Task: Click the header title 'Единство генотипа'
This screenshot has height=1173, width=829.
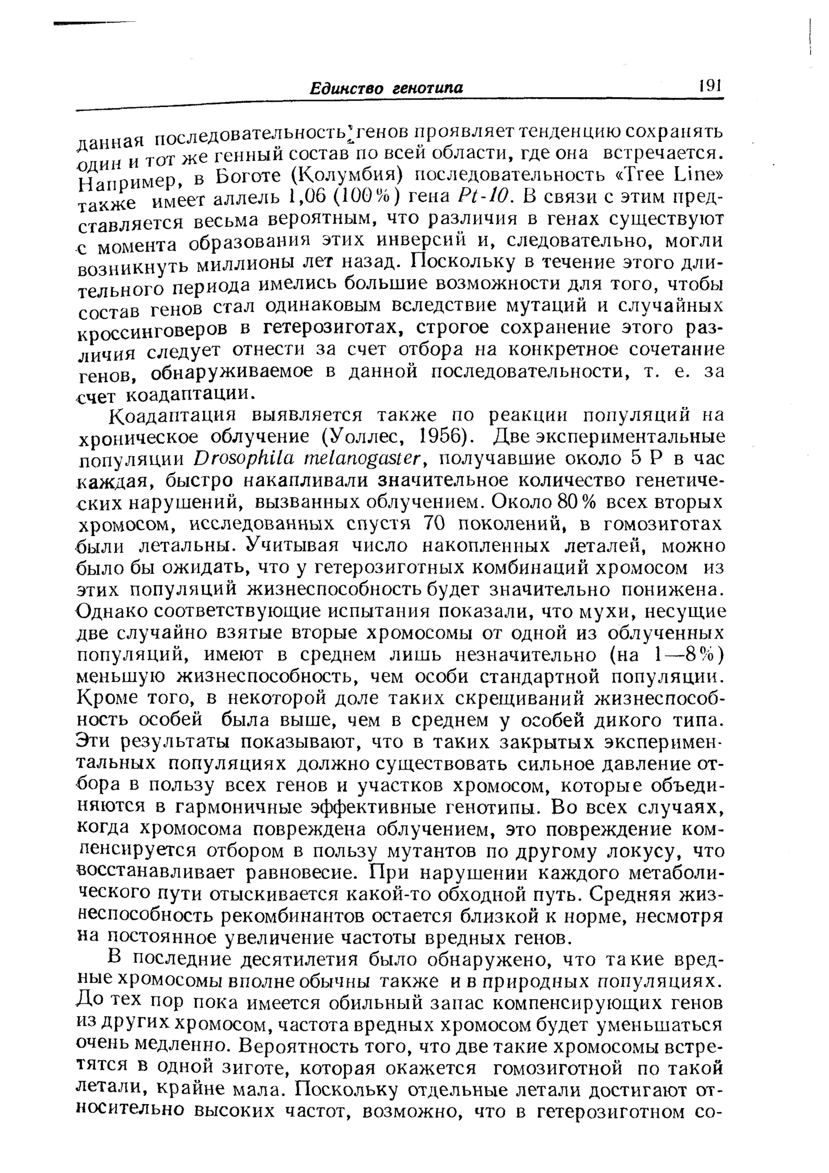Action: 386,88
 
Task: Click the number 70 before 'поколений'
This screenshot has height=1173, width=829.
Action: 433,524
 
